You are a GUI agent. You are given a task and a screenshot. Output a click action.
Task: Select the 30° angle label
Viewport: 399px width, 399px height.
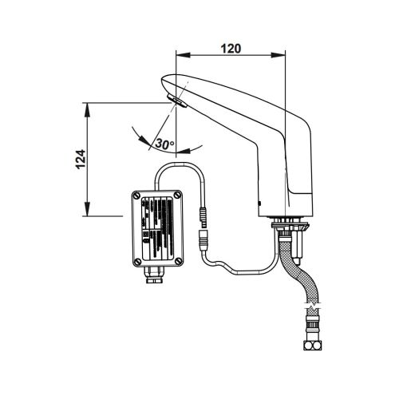pos(165,144)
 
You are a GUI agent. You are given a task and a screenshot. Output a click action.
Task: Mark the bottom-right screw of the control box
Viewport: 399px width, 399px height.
pos(179,259)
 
